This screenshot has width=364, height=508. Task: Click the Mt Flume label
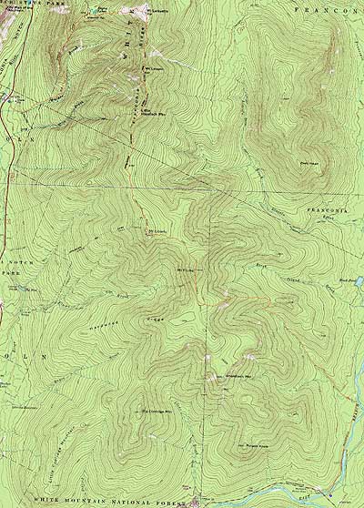[186, 269]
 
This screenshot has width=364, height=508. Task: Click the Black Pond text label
[344, 279]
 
